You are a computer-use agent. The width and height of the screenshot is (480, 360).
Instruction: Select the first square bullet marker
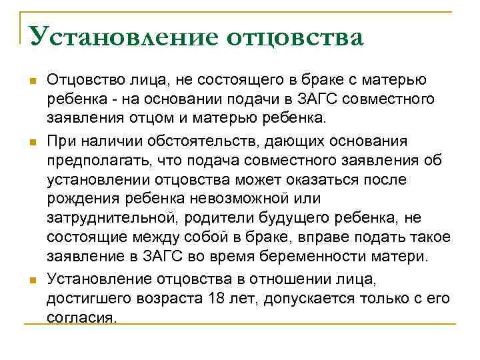click(x=27, y=81)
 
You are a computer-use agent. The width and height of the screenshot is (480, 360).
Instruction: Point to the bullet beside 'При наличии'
click(x=27, y=142)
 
